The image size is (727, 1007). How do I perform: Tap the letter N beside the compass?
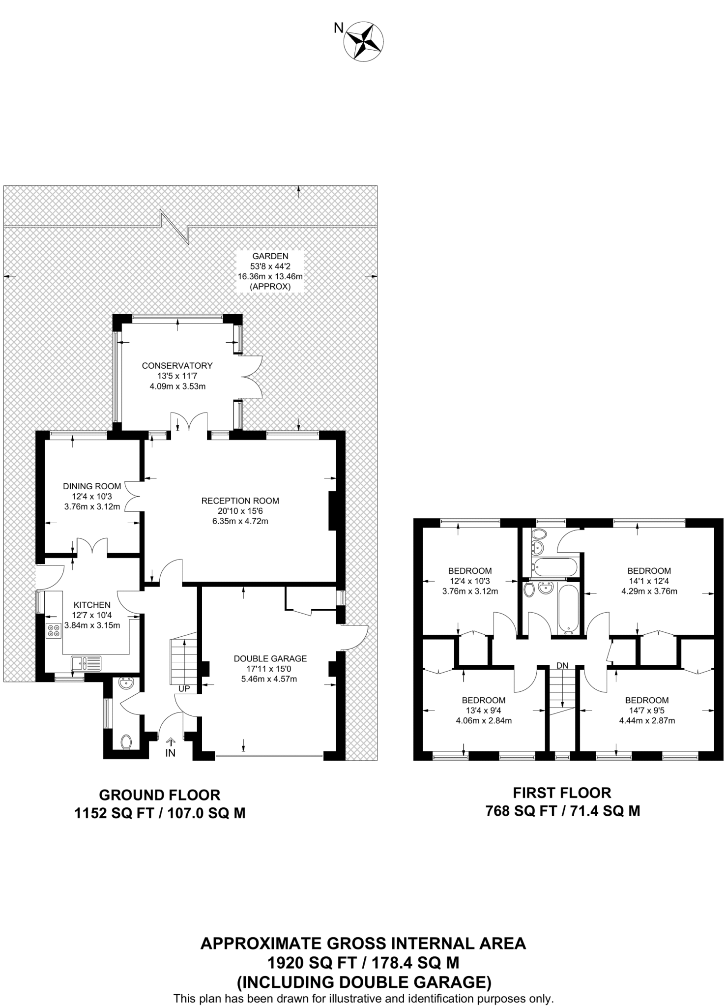coord(339,29)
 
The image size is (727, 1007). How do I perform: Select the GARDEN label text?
coord(270,256)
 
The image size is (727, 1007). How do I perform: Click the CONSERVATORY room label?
coord(177,366)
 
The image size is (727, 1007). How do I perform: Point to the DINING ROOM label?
coord(92,486)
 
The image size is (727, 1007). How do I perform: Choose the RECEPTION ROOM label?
coord(240,501)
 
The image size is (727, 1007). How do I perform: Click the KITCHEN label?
coord(92,605)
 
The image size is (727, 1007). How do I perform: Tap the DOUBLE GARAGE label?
coord(270,658)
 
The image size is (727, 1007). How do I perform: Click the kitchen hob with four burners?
coord(53,630)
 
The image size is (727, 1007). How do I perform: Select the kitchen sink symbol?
coord(86,663)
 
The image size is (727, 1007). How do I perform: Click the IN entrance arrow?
coord(171,741)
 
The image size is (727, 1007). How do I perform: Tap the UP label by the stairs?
coord(184,689)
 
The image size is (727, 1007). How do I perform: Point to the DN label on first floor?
coord(562,665)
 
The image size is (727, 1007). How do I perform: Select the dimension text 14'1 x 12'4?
coord(649,581)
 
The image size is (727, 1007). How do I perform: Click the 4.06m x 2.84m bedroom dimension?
coord(483,721)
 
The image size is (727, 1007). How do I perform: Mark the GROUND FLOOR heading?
coord(160,795)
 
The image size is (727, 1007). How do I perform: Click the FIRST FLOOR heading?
coord(562,793)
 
